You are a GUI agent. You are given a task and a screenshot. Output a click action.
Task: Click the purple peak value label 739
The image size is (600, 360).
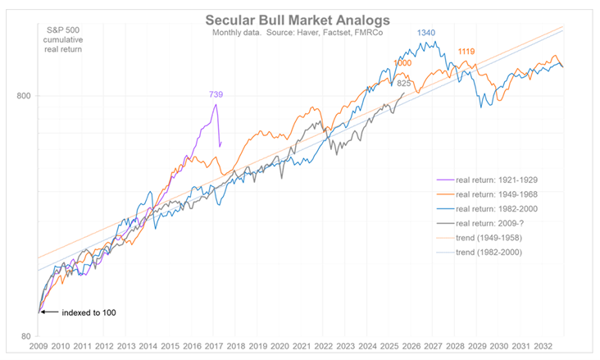(216, 95)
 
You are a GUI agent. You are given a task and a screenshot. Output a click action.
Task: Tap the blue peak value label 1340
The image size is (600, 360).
(426, 33)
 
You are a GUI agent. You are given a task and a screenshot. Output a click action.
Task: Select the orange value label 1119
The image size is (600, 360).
(467, 51)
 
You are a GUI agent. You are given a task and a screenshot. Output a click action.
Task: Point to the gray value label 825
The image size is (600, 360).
(404, 83)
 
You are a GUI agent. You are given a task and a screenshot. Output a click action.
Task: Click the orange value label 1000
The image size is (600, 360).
(402, 63)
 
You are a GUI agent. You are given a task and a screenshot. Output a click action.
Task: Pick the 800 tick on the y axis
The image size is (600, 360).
(24, 96)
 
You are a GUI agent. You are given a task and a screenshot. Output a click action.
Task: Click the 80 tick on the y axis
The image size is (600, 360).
(26, 336)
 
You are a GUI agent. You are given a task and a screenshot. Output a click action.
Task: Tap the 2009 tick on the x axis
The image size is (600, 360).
(39, 348)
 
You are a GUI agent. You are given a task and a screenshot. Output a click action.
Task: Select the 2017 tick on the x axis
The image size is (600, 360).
(213, 348)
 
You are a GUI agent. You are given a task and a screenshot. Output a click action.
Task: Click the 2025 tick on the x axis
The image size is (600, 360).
(389, 348)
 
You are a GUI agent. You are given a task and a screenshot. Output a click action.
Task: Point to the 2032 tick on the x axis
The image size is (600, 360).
(542, 348)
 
